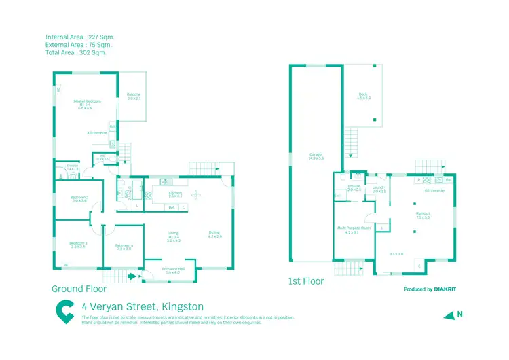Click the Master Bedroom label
(89, 101)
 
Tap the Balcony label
(134, 94)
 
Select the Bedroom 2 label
(79, 198)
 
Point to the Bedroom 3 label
(78, 243)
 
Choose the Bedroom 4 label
(124, 245)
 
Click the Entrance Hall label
(173, 269)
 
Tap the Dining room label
(214, 233)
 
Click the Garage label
(316, 154)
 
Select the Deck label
(364, 94)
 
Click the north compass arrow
(449, 314)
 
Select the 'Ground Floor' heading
(79, 288)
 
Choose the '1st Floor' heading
(306, 281)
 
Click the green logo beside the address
(65, 311)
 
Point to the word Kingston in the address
(178, 307)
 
